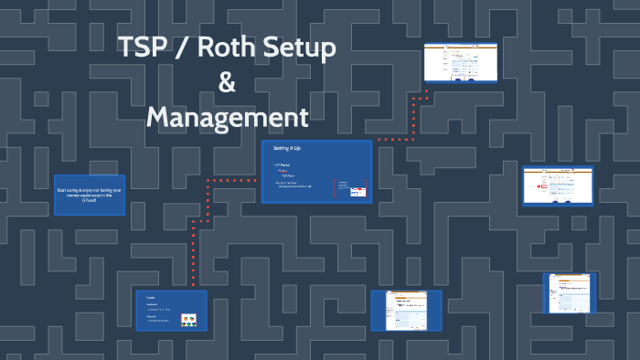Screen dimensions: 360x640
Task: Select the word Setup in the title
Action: coord(298,49)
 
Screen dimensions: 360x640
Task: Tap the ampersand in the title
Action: coord(227,83)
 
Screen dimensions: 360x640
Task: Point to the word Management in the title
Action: coord(227,117)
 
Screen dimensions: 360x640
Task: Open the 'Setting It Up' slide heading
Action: coord(288,148)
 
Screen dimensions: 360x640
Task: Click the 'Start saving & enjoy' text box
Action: coord(90,195)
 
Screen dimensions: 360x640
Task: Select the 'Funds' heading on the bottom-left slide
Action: coord(151,298)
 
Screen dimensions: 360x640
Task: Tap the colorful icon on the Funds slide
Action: coord(190,320)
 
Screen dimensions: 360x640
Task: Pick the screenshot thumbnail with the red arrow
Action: coord(559,186)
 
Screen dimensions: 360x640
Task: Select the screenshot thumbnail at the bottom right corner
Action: coord(570,292)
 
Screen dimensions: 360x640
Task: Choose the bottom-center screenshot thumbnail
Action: coord(405,310)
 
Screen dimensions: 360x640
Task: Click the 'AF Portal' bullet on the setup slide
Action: coord(283,165)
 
